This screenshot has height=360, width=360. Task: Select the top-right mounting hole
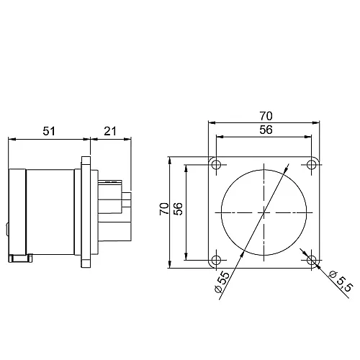312,165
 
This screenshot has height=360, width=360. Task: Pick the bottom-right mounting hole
312,259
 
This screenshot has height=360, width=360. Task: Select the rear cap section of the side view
18,212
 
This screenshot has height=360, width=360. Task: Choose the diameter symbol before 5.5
333,274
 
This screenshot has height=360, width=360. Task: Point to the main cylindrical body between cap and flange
50,212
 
